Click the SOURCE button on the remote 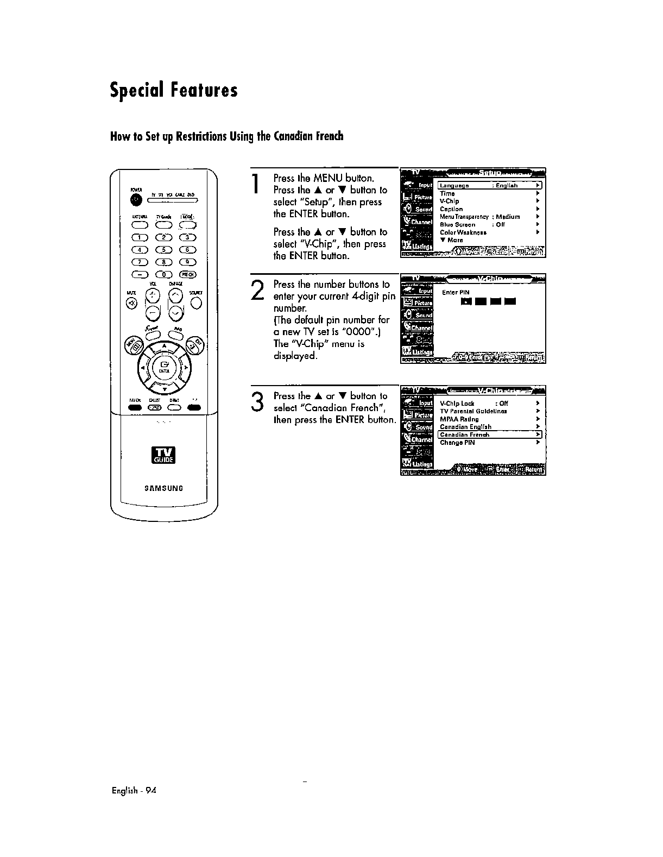coord(196,303)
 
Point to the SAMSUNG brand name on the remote coord(163,488)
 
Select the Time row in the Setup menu coord(447,193)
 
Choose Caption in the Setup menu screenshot coord(451,209)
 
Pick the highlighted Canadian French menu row coord(489,434)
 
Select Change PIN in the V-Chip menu coord(457,443)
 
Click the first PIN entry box coord(465,302)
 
